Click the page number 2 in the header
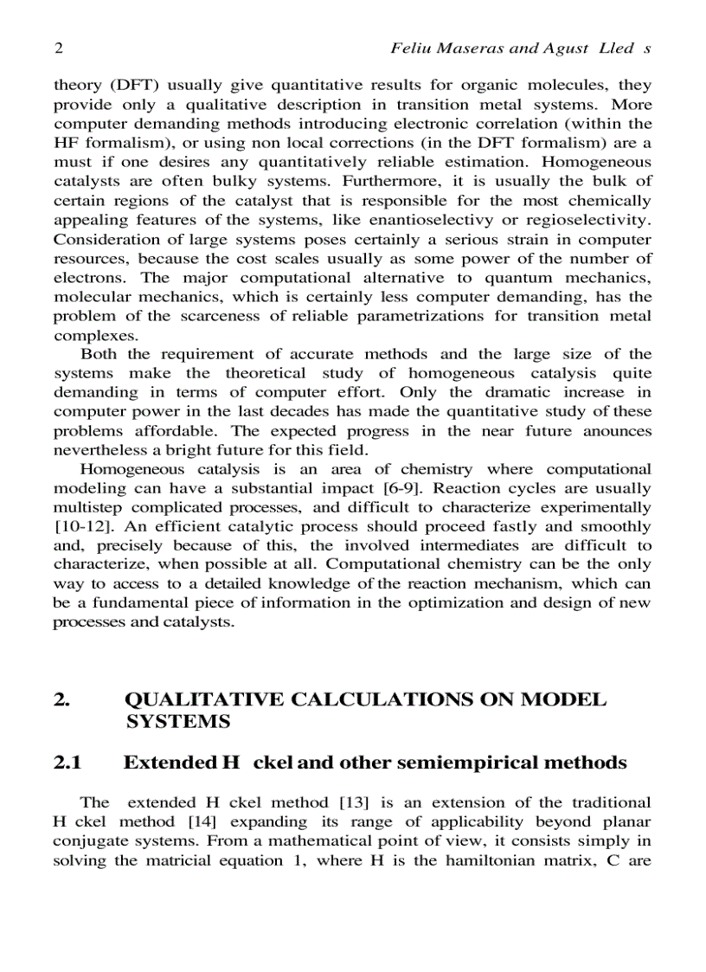tap(58, 49)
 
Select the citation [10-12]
tap(77, 526)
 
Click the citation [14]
tap(203, 821)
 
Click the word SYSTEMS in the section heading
tap(177, 720)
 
